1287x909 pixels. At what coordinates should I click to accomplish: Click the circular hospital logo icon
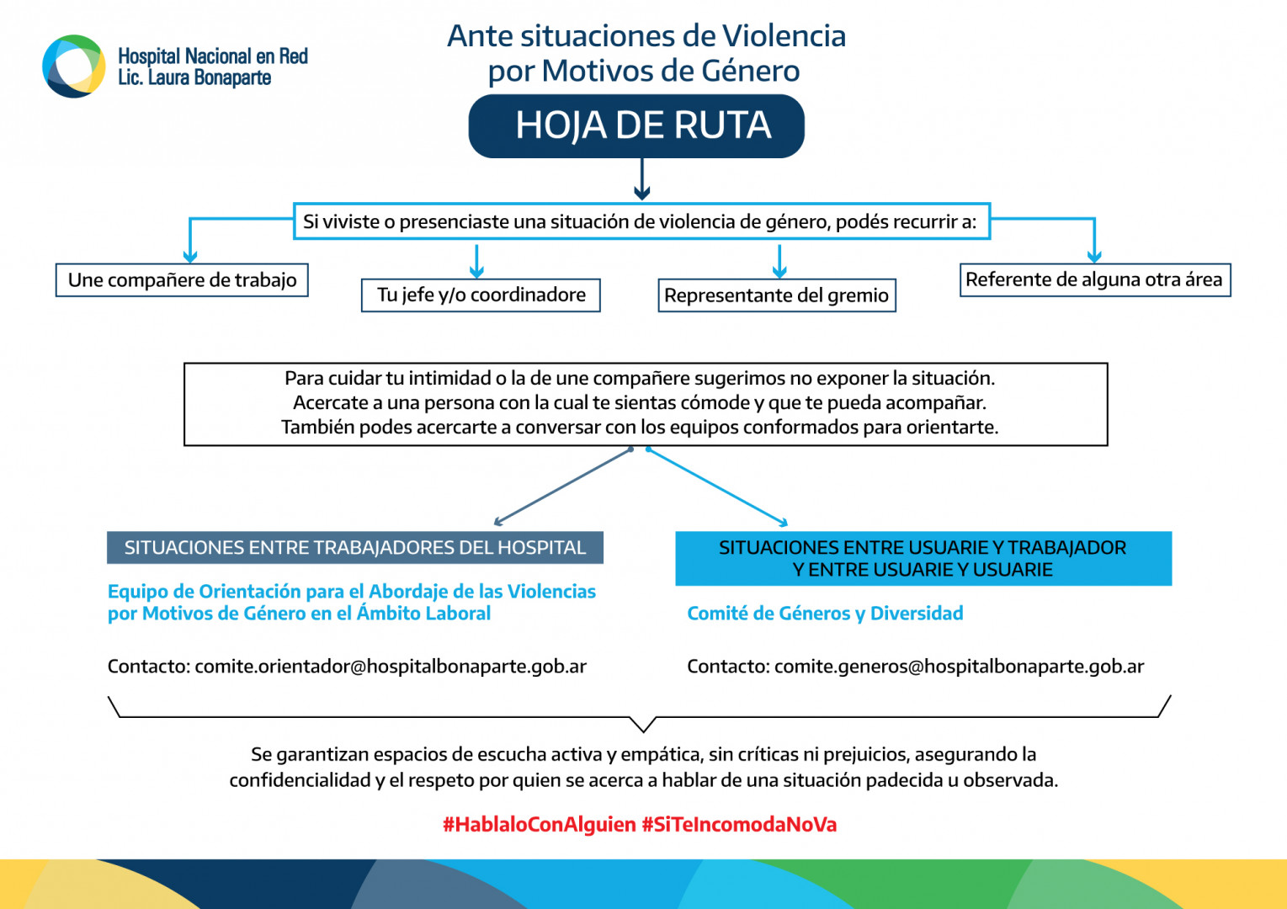74,66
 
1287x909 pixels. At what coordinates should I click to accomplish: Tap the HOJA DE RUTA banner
636,126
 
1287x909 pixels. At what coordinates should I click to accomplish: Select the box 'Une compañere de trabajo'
182,280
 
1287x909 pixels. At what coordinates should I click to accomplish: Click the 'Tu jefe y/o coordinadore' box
481,295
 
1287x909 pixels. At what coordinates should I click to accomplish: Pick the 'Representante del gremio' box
776,295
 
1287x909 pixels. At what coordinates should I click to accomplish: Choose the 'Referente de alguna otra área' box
1094,280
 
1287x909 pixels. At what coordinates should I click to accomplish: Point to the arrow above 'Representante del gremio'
779,261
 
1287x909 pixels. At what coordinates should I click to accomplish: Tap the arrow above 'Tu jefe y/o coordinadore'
477,261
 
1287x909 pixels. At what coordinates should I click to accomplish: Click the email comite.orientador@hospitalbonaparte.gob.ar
391,667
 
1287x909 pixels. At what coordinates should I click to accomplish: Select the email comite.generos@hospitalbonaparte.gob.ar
959,667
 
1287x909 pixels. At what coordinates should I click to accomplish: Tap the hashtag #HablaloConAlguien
540,825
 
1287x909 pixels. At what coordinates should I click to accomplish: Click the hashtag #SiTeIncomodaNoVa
739,825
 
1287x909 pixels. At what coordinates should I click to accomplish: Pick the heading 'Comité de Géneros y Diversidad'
825,614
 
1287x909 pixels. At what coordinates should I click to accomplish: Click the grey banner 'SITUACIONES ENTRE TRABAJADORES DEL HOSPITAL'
354,548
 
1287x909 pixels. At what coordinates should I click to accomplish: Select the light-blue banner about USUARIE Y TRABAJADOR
923,558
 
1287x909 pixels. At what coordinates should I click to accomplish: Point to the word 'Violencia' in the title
784,36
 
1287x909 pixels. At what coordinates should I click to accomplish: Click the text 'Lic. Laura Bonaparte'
194,78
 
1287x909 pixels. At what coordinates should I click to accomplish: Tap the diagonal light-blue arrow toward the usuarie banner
716,486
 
